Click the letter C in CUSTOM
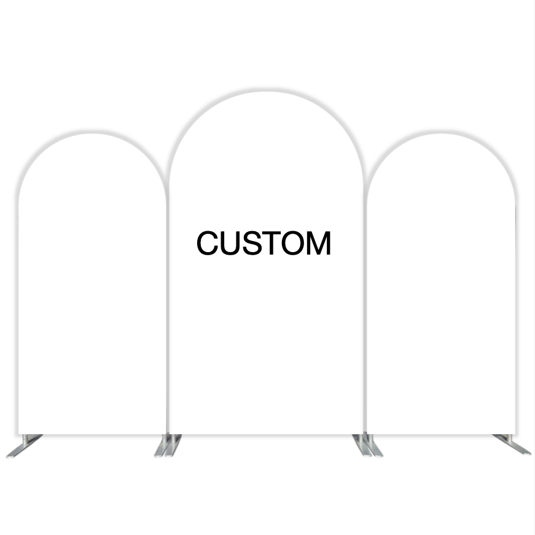coord(208,242)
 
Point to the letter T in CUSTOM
coord(272,243)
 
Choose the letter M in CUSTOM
coord(319,243)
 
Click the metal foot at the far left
coord(24,446)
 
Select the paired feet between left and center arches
coord(168,445)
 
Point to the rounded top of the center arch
coord(266,91)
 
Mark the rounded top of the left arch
coord(93,133)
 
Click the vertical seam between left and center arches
coord(168,307)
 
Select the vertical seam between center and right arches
coord(365,307)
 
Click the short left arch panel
coord(93,283)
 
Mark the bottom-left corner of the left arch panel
coord(18,434)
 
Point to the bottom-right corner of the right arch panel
coord(515,434)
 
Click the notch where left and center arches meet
coord(168,186)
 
